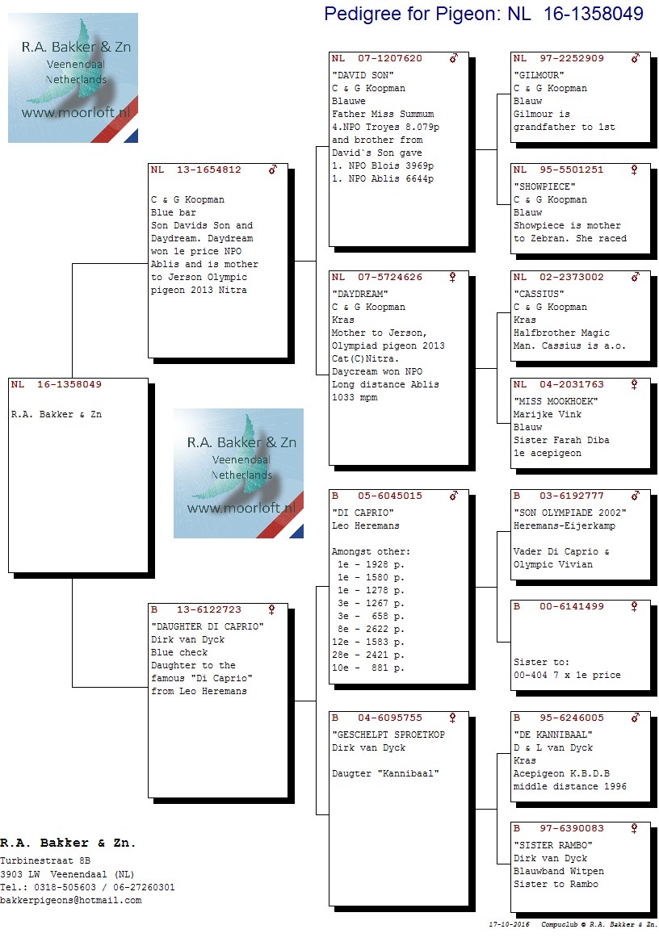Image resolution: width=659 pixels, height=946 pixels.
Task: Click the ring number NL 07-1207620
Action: coord(376,59)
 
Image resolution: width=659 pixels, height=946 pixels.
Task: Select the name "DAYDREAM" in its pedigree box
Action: coord(359,294)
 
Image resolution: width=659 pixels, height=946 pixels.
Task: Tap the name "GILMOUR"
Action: coord(539,75)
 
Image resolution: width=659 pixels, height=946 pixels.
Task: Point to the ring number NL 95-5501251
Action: coord(558,170)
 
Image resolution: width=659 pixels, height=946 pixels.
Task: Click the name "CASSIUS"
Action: coord(539,294)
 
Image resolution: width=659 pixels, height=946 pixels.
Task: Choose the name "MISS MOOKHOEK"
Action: coord(555,401)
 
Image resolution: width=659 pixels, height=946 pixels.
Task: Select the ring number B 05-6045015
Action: coord(376,496)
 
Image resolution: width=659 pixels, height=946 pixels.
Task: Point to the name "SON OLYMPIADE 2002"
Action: coord(569,513)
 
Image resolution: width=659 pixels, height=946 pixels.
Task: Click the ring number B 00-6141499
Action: coord(558,606)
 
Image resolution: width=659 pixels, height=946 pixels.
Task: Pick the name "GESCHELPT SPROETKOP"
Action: coord(388,735)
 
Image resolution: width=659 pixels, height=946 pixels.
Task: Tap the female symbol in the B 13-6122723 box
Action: coord(271,610)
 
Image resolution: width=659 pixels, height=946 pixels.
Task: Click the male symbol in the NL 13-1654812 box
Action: coord(273,170)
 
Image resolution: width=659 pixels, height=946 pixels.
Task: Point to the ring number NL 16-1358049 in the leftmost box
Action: coord(56,384)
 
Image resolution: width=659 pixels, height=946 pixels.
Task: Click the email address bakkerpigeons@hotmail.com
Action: coord(70,901)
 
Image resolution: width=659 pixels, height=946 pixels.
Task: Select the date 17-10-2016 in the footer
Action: coord(509,924)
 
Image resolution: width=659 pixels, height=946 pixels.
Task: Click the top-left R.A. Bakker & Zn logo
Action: coord(73,77)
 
